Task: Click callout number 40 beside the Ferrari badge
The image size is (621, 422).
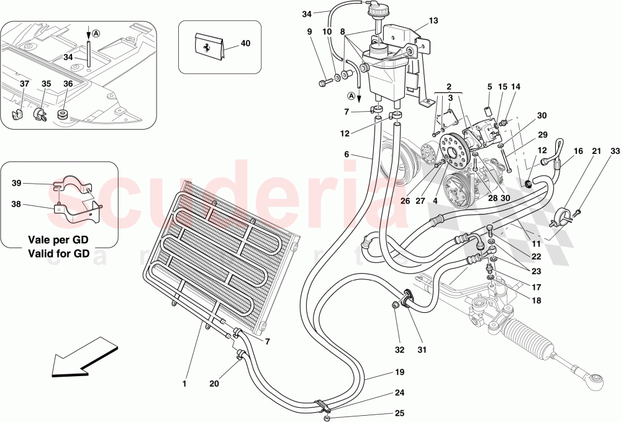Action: point(246,44)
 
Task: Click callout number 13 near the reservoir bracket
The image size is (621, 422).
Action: point(433,20)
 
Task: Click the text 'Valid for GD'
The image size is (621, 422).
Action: point(59,253)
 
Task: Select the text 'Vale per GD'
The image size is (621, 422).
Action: point(59,240)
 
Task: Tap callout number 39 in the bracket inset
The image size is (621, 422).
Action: point(17,184)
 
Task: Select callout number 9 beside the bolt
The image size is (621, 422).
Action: point(309,31)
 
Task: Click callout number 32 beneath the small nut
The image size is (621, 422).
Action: point(399,350)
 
